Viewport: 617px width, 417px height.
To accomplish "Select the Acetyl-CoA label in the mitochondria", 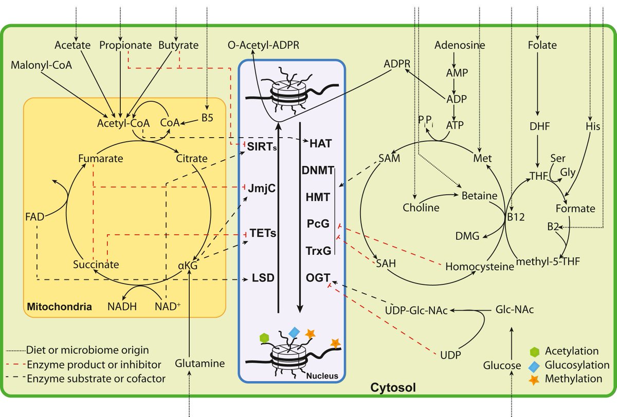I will coord(123,124).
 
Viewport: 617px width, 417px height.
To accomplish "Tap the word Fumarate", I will coord(101,159).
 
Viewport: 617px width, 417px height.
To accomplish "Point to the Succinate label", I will coord(96,265).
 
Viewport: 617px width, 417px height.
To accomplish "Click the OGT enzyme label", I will coord(317,278).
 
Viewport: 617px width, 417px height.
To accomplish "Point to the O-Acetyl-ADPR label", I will coord(264,46).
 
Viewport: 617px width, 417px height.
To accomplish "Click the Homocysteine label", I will coord(479,267).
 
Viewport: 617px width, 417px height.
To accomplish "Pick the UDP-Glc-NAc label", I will coord(416,311).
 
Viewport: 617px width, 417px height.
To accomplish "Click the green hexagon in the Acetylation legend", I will coord(535,352).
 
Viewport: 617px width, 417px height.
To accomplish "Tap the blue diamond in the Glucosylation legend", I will coord(535,365).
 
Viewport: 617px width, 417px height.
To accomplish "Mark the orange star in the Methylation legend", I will coord(535,379).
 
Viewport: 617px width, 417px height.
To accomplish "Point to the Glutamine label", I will coord(200,364).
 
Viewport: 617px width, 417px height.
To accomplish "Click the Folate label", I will coord(542,45).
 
